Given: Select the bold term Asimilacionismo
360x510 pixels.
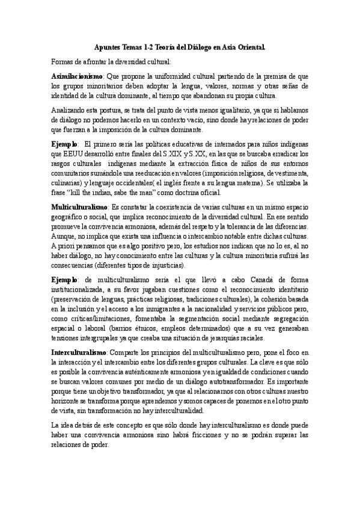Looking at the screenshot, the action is (77, 76).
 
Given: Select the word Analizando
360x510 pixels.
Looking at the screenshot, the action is (70, 111).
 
